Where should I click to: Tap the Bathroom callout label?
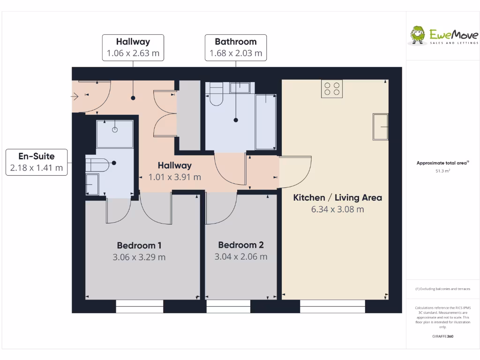[236, 47]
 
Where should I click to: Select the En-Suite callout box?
[37, 162]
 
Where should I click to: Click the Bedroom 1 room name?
[139, 245]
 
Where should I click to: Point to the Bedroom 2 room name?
[241, 245]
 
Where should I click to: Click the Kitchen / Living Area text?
[337, 197]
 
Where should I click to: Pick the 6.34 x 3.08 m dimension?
[337, 210]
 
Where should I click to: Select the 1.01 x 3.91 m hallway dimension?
[174, 177]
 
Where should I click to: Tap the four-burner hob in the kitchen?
[332, 89]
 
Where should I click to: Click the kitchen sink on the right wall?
[380, 127]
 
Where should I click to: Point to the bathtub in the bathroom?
[266, 121]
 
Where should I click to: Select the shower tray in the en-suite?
[115, 134]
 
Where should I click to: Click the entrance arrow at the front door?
[75, 97]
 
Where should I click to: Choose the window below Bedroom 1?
[140, 307]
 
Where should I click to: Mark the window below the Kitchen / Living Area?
[332, 307]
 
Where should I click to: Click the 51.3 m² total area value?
[442, 171]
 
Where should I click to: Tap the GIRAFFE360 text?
[442, 336]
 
